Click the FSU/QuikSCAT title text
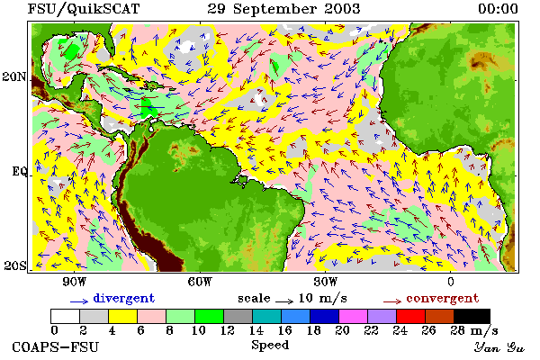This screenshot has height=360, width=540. [84, 9]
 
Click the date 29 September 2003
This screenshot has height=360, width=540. [283, 9]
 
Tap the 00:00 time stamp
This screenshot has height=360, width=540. [498, 9]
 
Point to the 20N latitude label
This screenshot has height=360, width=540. [13, 76]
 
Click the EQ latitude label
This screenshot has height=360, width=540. [19, 171]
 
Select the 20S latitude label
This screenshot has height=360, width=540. [15, 265]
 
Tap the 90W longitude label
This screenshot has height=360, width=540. [74, 282]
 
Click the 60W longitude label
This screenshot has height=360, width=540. [200, 282]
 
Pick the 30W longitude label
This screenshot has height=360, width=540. [326, 282]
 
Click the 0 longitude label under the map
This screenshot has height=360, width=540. [451, 282]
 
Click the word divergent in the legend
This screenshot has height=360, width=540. [124, 298]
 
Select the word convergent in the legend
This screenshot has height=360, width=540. [443, 298]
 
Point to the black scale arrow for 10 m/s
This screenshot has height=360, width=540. [284, 301]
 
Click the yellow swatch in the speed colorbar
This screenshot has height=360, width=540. [123, 316]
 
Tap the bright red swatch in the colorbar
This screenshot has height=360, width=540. [411, 316]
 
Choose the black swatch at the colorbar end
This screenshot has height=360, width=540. [472, 316]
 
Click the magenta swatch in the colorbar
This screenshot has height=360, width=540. [354, 316]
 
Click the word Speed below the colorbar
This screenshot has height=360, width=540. [270, 346]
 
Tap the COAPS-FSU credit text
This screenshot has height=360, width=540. [56, 346]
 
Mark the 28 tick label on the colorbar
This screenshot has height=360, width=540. [458, 330]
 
